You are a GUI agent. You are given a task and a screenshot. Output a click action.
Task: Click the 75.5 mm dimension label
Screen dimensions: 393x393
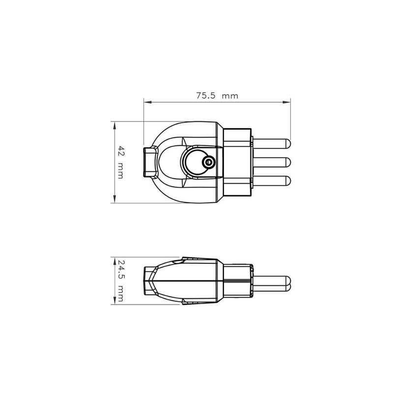pos(217,95)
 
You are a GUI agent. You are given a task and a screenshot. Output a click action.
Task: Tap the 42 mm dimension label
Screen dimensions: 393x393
pos(120,162)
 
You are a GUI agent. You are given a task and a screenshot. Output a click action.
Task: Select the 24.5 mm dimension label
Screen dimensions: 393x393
pos(120,281)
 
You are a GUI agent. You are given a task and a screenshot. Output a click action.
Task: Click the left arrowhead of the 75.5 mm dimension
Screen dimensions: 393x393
pos(148,102)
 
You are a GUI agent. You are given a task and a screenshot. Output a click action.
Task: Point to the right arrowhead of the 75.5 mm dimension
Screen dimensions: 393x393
pos(286,102)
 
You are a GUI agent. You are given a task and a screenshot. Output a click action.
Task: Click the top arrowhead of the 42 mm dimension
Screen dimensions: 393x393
pos(115,126)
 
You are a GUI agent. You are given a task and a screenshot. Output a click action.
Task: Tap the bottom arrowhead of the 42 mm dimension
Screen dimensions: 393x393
pos(115,199)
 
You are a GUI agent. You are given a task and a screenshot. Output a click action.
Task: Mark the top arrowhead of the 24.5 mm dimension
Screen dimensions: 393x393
pos(115,261)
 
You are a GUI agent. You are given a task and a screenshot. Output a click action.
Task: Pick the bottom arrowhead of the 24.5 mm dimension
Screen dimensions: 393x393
pos(115,301)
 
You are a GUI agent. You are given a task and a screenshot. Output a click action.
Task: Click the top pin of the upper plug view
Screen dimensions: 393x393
pos(272,144)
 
